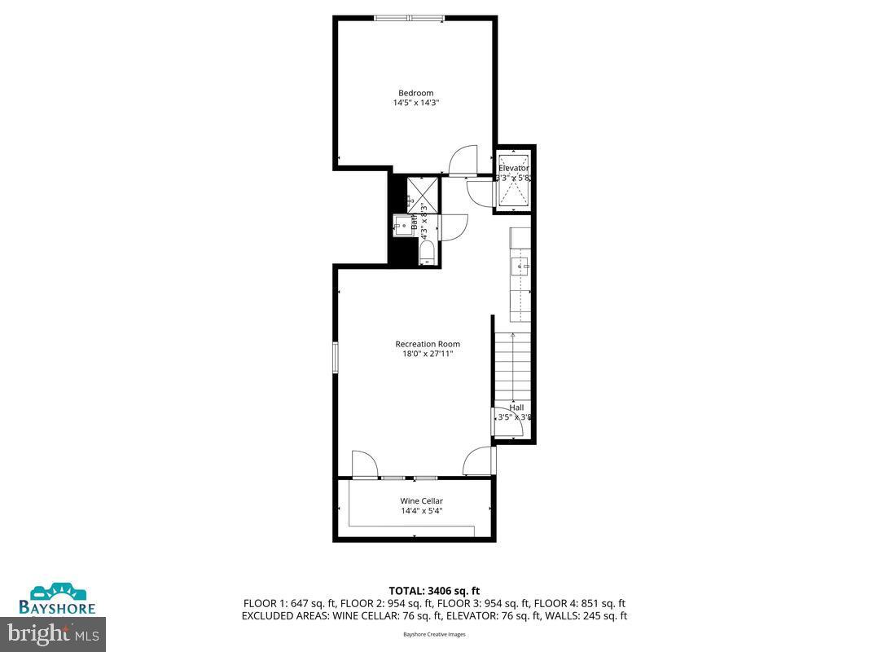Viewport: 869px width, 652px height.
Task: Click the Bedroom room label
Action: click(415, 93)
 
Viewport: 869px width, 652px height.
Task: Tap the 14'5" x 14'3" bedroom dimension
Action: click(415, 104)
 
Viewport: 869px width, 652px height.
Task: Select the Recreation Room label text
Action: click(428, 344)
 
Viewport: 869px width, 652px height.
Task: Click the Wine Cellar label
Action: click(421, 501)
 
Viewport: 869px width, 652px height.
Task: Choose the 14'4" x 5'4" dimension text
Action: click(421, 512)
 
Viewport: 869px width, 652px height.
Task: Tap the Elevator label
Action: click(514, 168)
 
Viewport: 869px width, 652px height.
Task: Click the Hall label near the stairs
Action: click(517, 407)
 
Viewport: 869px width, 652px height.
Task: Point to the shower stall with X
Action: click(423, 193)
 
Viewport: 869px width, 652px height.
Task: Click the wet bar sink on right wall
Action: click(519, 266)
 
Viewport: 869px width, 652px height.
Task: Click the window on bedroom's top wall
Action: click(410, 17)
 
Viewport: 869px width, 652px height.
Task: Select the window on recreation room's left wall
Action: click(335, 358)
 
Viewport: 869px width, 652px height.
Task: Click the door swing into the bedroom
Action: click(463, 161)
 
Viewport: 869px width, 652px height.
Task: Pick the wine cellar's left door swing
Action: click(364, 465)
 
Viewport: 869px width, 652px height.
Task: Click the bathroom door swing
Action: click(454, 227)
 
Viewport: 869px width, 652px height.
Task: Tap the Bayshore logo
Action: click(59, 599)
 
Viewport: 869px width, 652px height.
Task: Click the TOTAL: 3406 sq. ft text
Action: click(433, 590)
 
